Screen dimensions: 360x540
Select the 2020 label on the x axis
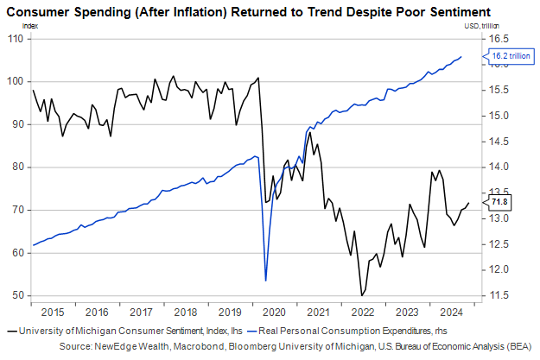[x=273, y=312]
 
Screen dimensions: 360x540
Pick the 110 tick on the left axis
[x=17, y=38]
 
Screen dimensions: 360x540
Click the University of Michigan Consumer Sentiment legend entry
[x=121, y=332]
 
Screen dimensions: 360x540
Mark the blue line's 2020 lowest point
[x=265, y=280]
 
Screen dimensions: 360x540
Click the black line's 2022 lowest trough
[x=361, y=296]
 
